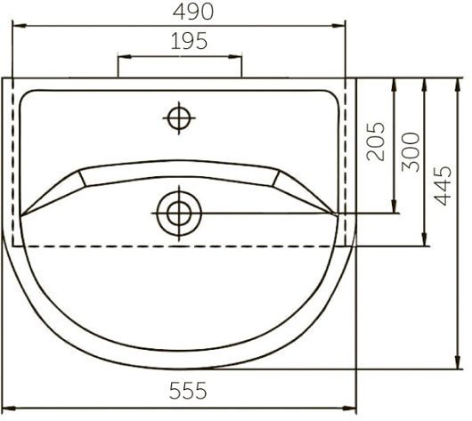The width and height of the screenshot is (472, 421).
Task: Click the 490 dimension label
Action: click(x=193, y=12)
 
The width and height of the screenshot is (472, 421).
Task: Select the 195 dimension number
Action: click(x=189, y=41)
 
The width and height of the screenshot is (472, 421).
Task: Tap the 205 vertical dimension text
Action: click(x=376, y=142)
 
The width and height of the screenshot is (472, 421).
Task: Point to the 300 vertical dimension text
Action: click(x=411, y=152)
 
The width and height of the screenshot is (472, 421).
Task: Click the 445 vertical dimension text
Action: click(x=443, y=185)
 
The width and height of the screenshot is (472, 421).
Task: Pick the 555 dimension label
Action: click(x=188, y=391)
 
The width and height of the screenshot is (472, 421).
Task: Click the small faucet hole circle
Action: click(x=179, y=118)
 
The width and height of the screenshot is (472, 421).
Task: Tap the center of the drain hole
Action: click(x=179, y=214)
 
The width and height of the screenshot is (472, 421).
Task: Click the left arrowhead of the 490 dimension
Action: click(x=20, y=26)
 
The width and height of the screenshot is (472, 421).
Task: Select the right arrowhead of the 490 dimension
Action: click(x=338, y=26)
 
